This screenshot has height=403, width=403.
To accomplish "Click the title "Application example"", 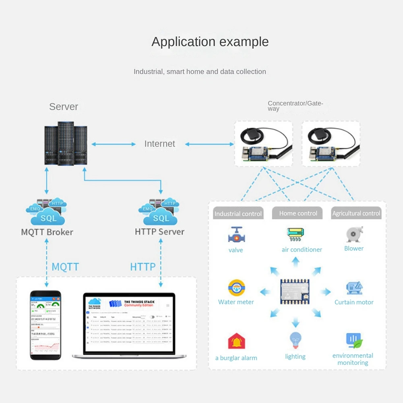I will click(210, 42).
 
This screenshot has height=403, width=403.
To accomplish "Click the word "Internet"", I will click(160, 144).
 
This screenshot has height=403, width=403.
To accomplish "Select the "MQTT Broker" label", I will click(47, 232).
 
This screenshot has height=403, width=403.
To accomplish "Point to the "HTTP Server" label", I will click(159, 232).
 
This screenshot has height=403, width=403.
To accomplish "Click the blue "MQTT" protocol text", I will click(65, 267).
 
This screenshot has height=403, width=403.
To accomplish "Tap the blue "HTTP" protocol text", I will click(143, 267).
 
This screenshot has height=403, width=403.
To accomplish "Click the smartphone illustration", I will click(46, 325).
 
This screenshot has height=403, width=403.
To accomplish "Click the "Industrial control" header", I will click(238, 214).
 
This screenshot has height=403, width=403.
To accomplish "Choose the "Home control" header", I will click(298, 213).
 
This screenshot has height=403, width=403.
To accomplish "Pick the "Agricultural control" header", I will click(356, 214).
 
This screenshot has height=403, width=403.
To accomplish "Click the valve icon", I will click(236, 235).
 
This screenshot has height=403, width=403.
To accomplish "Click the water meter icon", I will click(236, 288).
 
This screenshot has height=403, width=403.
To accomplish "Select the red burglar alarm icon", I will click(236, 342).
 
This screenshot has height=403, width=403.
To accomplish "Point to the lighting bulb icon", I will click(296, 341).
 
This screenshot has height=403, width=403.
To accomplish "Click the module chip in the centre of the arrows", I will click(295, 291).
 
